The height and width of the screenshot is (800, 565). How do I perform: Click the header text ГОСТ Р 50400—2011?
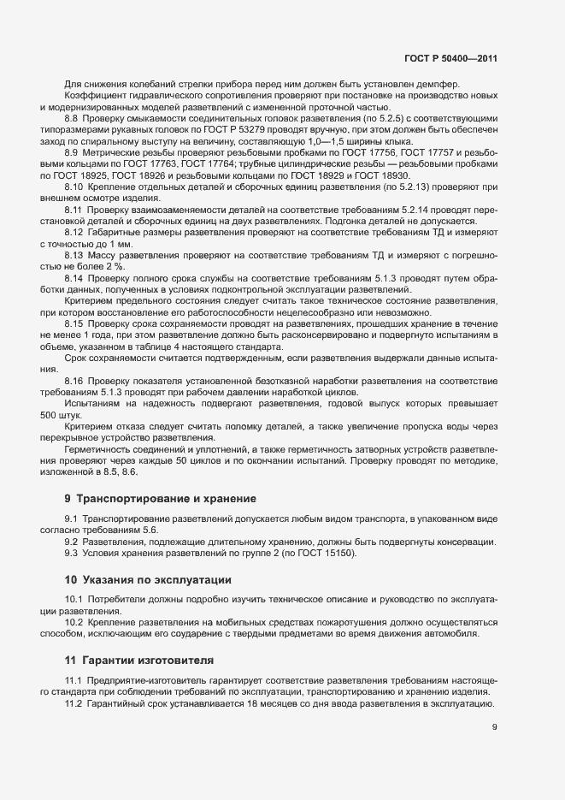451,58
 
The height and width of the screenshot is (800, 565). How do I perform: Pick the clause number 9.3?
73,554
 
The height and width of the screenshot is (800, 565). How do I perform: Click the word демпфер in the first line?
438,84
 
